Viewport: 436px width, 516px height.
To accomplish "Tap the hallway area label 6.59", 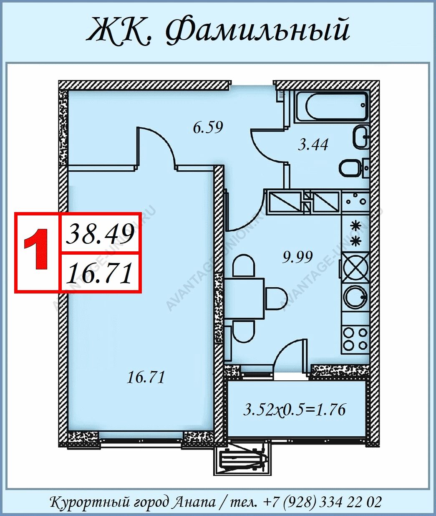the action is (x=208, y=128).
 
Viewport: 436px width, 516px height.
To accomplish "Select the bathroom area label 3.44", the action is (x=313, y=145).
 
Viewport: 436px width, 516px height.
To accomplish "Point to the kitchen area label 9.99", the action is (x=297, y=257).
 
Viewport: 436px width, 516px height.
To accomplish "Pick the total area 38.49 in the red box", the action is (x=100, y=234).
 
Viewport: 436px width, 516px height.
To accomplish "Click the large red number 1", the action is (x=37, y=250).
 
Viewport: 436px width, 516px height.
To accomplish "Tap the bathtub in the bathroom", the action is (x=332, y=106).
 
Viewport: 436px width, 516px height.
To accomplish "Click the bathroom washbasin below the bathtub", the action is (x=361, y=137).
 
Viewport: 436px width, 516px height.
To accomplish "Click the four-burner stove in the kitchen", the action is (x=355, y=339).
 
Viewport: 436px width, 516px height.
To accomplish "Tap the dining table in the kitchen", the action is (x=244, y=298).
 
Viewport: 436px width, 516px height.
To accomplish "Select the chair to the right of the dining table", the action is (x=277, y=299).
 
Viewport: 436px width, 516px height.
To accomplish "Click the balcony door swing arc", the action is (x=286, y=354).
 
